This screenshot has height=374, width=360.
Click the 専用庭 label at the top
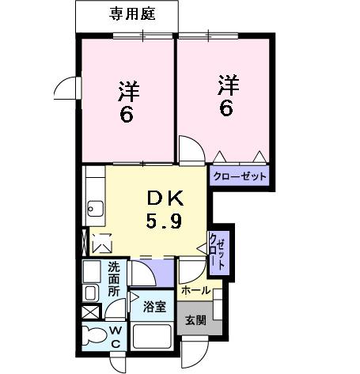[127, 13]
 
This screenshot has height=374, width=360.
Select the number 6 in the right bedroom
[226, 108]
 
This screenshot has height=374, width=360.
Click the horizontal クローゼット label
[239, 176]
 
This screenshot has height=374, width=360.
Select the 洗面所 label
[113, 278]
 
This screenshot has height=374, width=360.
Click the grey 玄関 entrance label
[196, 320]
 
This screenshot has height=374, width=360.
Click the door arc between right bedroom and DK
[190, 149]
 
